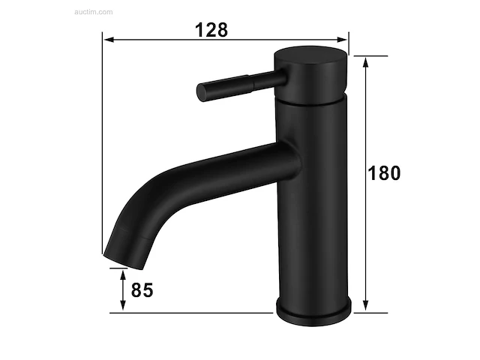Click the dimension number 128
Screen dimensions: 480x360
pyautogui.click(x=211, y=30)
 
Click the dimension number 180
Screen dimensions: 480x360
pyautogui.click(x=384, y=173)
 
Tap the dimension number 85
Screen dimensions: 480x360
pyautogui.click(x=142, y=290)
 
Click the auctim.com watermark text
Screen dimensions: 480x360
pyautogui.click(x=93, y=12)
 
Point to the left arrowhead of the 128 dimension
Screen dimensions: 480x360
pyautogui.click(x=109, y=40)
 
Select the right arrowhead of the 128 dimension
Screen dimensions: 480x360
pyautogui.click(x=342, y=40)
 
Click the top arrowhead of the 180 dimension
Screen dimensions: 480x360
pyautogui.click(x=365, y=62)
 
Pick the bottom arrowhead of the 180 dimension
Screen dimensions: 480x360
pyautogui.click(x=365, y=305)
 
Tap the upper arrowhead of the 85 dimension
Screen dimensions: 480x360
pyautogui.click(x=123, y=274)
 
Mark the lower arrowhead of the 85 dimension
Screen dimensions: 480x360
pyautogui.click(x=123, y=305)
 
